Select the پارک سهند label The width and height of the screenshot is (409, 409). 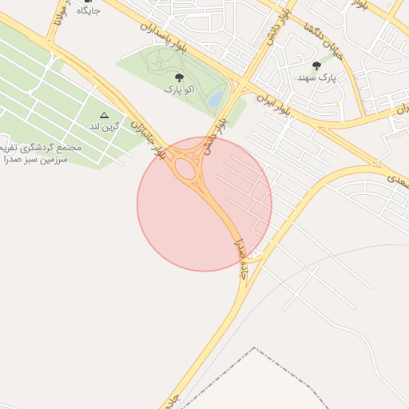(x=317, y=78)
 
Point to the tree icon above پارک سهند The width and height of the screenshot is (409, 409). (x=317, y=66)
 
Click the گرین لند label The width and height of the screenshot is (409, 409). (x=105, y=127)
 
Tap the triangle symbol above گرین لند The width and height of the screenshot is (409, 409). (x=103, y=116)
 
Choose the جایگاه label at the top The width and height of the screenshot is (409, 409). (x=89, y=11)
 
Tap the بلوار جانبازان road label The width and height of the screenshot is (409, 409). (x=151, y=137)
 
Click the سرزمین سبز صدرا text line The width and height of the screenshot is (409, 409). (x=37, y=160)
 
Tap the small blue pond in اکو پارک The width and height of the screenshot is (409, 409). (x=215, y=100)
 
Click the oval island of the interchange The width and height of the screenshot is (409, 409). (x=185, y=168)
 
